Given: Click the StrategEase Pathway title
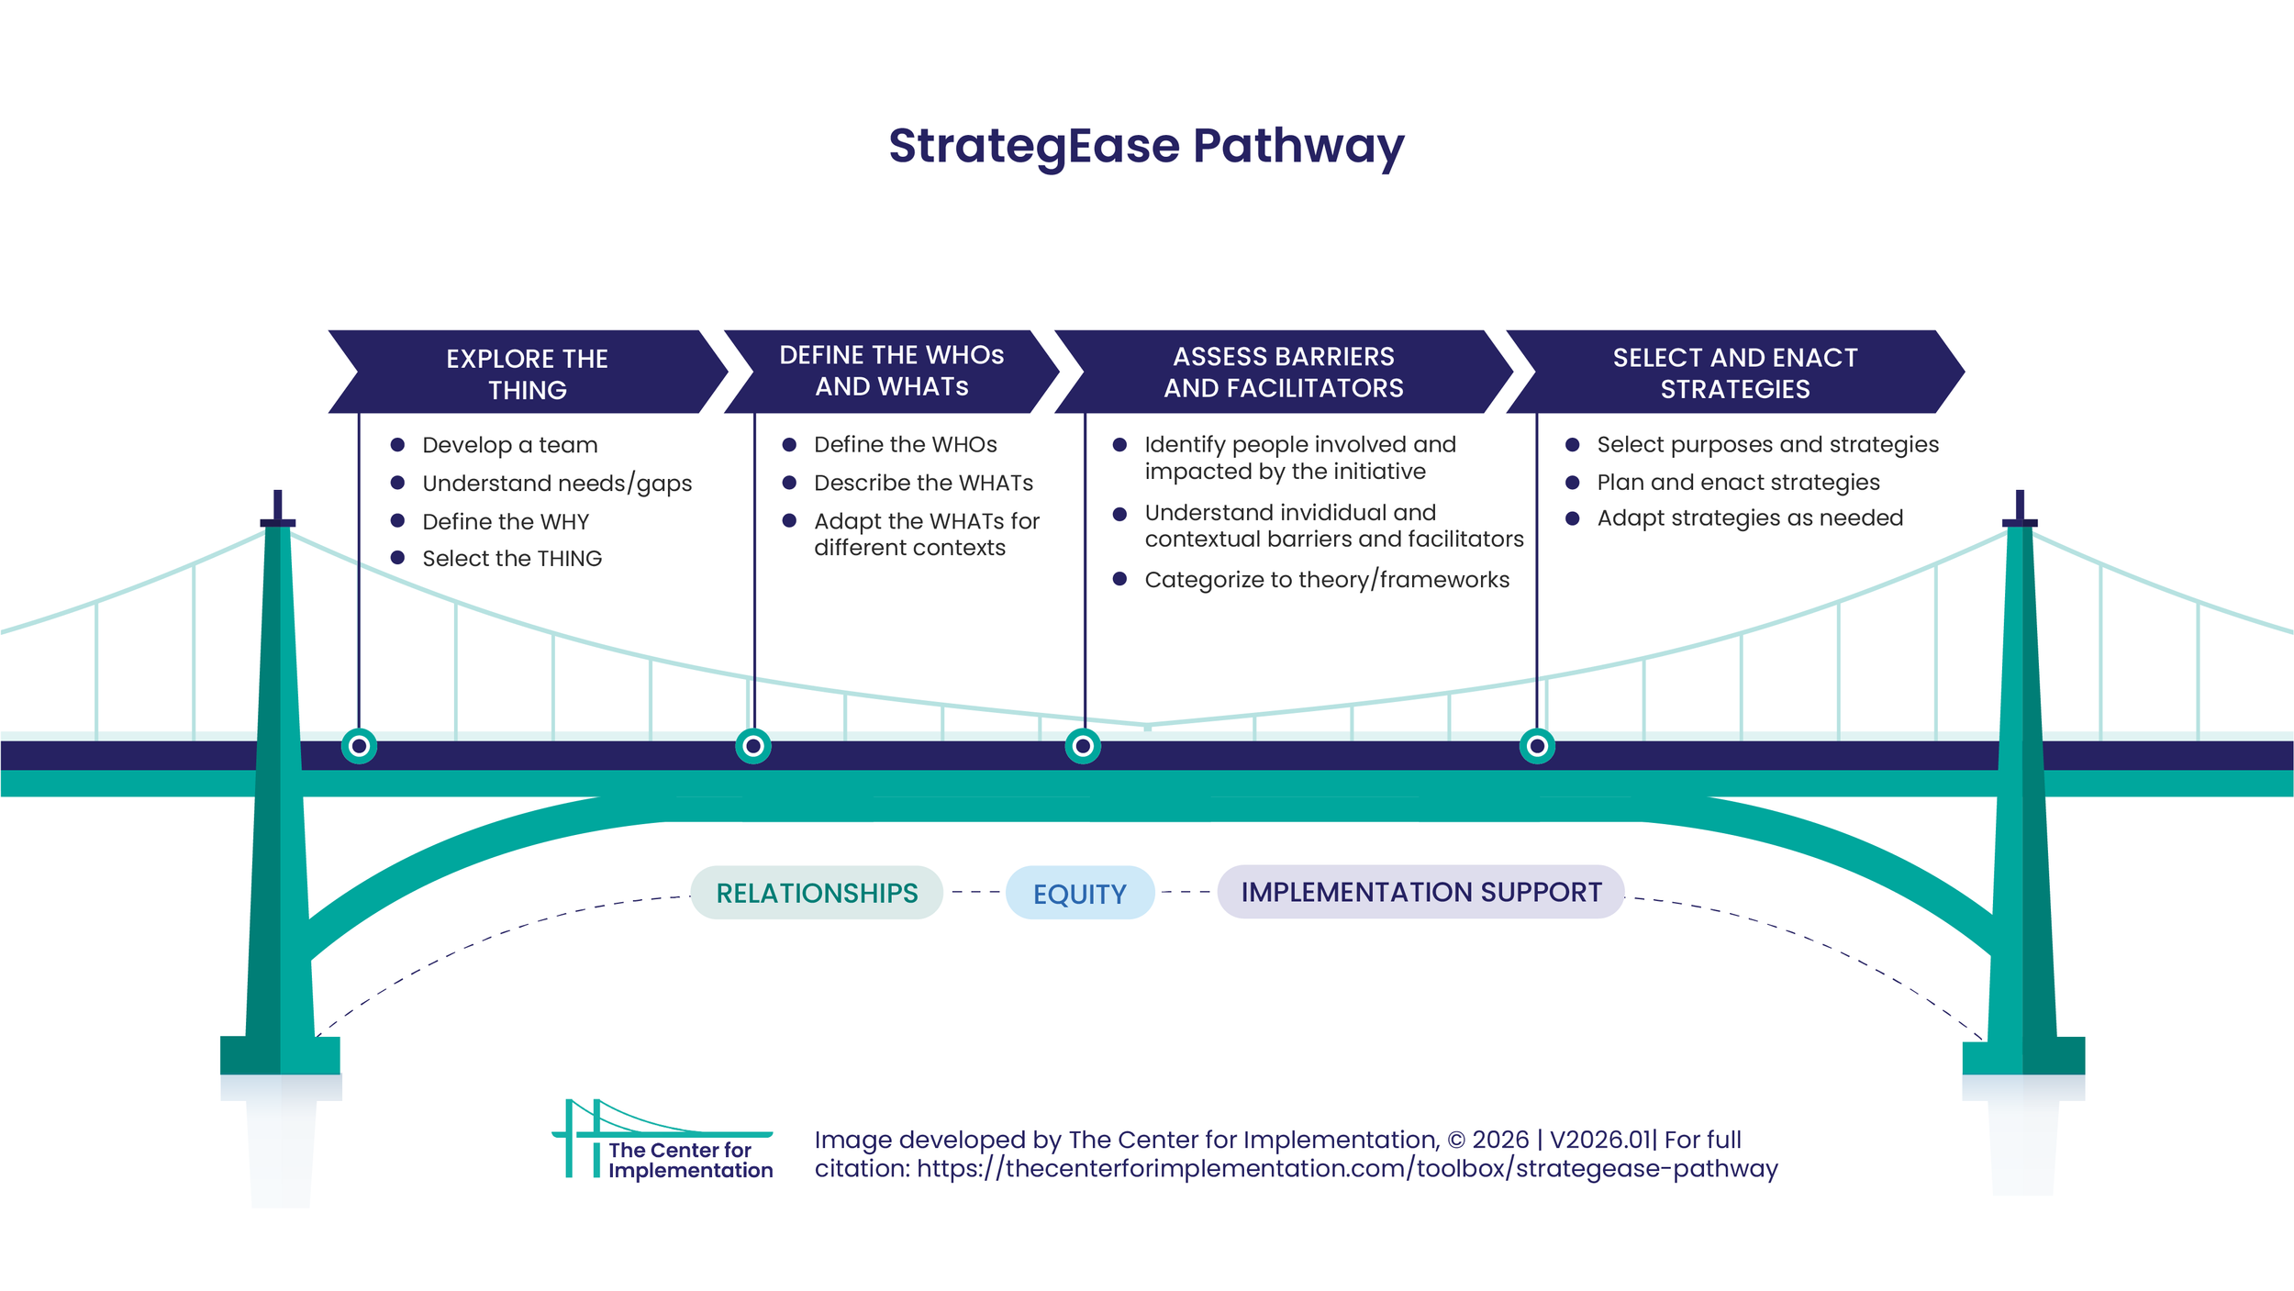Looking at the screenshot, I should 1146,147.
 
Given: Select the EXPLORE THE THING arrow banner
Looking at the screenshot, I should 527,373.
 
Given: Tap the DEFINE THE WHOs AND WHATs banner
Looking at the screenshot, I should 891,371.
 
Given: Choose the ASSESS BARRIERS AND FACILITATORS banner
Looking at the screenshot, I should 1283,372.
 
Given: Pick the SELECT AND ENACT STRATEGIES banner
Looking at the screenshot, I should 1734,373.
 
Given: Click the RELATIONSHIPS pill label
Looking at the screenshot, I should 817,893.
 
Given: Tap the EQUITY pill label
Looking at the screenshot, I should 1079,894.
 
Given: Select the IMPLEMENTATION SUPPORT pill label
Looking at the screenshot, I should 1420,892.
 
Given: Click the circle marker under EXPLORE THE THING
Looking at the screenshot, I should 359,746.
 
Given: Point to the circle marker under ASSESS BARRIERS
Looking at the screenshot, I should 1083,746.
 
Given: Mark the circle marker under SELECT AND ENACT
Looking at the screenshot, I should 1537,746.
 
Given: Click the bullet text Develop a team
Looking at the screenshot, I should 509,445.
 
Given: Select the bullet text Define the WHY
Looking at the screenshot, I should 506,521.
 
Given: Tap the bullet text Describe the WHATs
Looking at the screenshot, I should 923,483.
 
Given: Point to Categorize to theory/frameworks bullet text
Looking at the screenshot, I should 1326,580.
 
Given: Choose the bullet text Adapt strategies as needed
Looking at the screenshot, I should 1749,518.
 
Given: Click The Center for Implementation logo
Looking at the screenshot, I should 663,1140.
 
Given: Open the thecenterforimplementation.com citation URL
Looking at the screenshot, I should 1347,1169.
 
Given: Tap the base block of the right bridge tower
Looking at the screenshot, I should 2023,1055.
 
